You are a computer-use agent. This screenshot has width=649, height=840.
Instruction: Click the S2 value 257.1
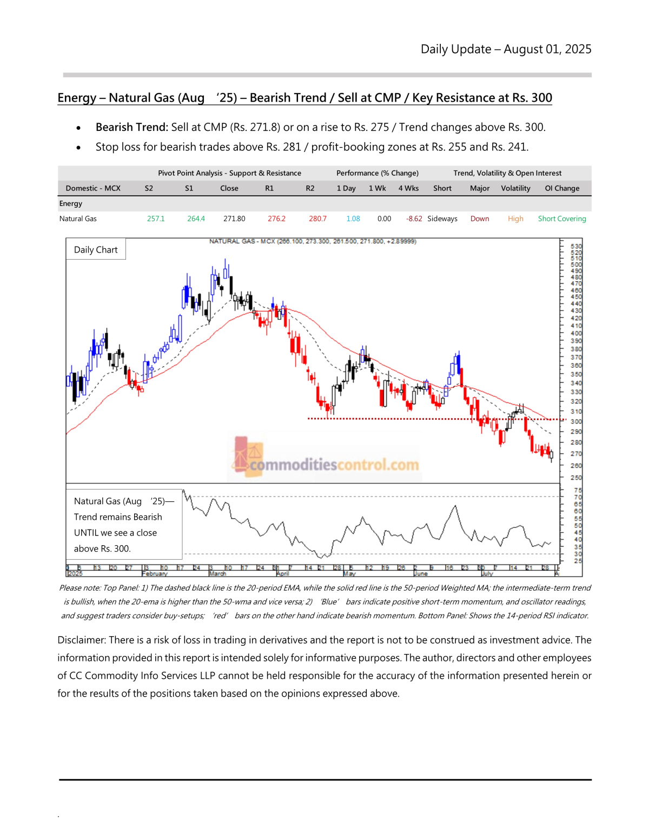tap(156, 219)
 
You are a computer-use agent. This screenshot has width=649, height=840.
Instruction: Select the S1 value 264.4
tap(196, 219)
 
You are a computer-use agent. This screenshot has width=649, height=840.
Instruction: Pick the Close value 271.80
tap(234, 219)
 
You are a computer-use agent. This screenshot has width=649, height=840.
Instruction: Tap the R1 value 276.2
tap(276, 219)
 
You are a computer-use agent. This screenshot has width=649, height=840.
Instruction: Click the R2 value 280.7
tap(317, 219)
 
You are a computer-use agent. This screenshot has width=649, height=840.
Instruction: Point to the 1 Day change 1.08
tap(353, 219)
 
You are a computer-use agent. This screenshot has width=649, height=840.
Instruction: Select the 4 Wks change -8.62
tap(414, 219)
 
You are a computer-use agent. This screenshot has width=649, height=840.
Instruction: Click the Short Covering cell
tap(562, 219)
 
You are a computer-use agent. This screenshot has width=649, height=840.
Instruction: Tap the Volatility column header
tap(515, 188)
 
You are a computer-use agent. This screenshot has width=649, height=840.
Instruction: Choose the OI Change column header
tap(562, 188)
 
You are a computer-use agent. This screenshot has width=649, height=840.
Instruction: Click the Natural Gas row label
tap(78, 219)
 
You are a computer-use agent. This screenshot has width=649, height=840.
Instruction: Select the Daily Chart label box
tap(96, 249)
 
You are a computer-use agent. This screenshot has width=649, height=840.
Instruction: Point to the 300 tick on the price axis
tap(577, 421)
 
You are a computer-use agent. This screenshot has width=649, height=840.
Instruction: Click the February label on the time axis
tap(155, 573)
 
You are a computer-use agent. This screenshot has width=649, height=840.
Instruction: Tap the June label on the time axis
tap(421, 573)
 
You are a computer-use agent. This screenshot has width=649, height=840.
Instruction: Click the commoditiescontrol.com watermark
tap(334, 465)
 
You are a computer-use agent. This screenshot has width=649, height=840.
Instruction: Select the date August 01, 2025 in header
tap(547, 49)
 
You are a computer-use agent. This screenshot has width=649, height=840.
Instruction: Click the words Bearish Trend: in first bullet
tap(132, 127)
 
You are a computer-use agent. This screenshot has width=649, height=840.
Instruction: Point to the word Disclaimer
tap(81, 640)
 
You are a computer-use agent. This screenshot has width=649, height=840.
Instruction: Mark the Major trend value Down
tap(480, 219)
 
